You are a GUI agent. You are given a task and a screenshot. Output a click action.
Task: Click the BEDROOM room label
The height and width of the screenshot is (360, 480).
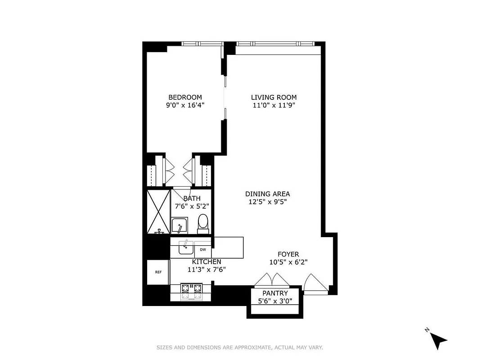pyautogui.click(x=185, y=97)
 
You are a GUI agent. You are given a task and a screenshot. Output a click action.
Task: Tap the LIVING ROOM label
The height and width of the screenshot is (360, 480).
pyautogui.click(x=274, y=97)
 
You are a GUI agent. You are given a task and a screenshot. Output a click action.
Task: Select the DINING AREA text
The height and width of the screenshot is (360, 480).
pyautogui.click(x=267, y=194)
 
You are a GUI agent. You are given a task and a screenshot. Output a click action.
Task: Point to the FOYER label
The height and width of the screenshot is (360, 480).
pyautogui.click(x=288, y=254)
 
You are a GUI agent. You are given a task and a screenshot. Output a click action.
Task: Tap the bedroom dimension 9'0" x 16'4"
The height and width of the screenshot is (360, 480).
pyautogui.click(x=185, y=106)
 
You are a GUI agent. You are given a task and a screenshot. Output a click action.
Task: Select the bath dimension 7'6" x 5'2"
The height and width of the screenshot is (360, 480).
pyautogui.click(x=192, y=207)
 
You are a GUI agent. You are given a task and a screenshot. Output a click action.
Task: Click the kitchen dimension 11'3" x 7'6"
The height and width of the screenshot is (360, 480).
pyautogui.click(x=206, y=270)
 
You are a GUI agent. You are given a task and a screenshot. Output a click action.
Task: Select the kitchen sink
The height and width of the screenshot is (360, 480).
pyautogui.click(x=185, y=247)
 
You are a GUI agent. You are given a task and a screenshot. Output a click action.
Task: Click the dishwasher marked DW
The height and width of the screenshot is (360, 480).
pyautogui.click(x=203, y=249)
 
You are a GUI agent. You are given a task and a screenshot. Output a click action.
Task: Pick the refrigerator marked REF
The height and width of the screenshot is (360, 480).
pyautogui.click(x=158, y=272)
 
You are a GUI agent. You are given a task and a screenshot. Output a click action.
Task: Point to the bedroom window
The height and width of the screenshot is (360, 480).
pyautogui.click(x=202, y=44)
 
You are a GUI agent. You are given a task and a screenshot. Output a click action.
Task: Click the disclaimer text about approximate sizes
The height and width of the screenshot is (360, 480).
pyautogui.click(x=240, y=347)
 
